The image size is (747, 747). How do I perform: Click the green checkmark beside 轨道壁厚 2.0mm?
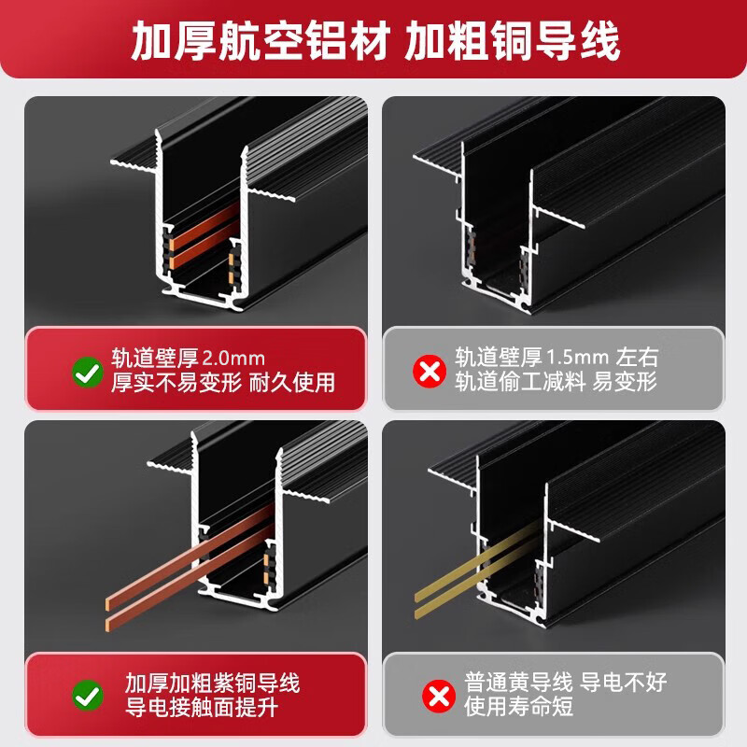tap(88, 372)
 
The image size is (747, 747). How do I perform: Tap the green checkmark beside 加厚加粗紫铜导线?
tap(88, 696)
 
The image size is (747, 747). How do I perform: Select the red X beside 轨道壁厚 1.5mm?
tap(430, 371)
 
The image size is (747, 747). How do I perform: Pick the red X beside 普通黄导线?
tap(439, 696)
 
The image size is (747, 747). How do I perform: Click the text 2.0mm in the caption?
tap(234, 359)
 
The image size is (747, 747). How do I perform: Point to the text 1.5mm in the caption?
tap(577, 357)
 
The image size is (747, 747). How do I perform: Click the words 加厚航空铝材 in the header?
tap(261, 41)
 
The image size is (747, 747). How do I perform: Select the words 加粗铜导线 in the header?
tap(513, 41)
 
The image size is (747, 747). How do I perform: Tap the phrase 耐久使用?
tap(292, 383)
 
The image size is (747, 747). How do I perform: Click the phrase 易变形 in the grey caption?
tap(625, 382)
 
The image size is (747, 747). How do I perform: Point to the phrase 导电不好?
tap(624, 683)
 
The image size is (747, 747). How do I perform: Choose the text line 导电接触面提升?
tap(202, 707)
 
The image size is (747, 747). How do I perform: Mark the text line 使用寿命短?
tap(519, 706)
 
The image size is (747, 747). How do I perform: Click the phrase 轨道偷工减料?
tap(520, 382)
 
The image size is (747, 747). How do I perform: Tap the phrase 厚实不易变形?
tap(176, 383)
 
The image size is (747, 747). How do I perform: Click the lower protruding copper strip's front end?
tap(107, 624)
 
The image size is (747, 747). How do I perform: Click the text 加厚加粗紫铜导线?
tap(213, 684)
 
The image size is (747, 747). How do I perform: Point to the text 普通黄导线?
tap(519, 683)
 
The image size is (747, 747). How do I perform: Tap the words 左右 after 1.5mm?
tap(637, 357)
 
